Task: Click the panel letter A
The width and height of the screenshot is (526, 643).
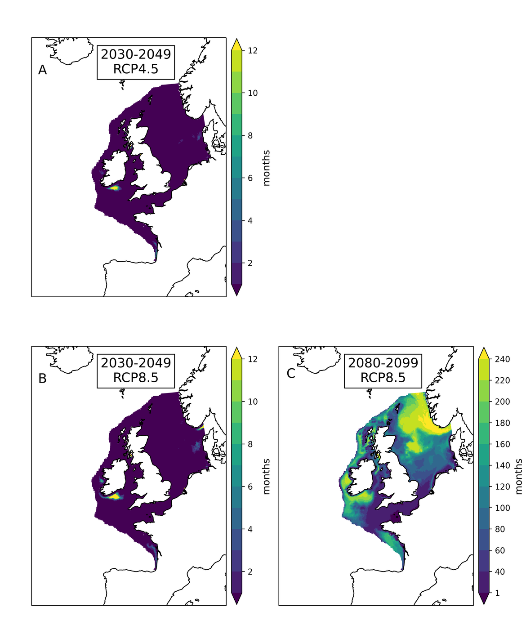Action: [42, 70]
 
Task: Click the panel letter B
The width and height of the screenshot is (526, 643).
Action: [42, 379]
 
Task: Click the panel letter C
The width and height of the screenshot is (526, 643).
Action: [291, 374]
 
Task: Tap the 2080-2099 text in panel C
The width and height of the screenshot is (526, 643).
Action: [383, 362]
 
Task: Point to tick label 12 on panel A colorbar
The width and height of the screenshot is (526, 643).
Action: [253, 50]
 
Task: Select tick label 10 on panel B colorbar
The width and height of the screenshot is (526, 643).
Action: [253, 402]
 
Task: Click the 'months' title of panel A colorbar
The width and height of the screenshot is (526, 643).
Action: [267, 168]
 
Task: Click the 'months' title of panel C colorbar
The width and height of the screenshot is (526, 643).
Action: [519, 476]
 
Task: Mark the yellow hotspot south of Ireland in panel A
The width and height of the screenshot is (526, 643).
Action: [114, 188]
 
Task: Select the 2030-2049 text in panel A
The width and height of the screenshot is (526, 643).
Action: [136, 54]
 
